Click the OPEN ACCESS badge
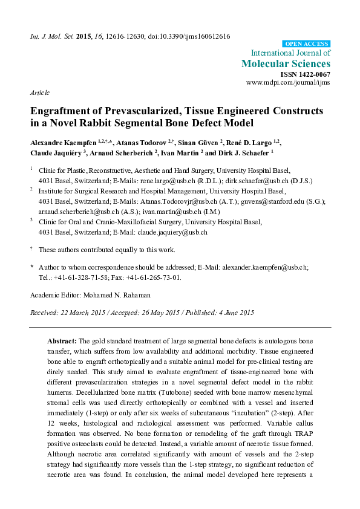[x=307, y=44]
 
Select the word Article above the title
[x=39, y=94]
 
